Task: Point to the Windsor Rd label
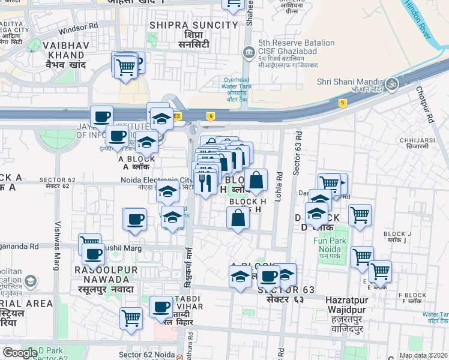pos(79,26)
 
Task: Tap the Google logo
pos(20,353)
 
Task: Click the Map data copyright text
pos(423,355)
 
